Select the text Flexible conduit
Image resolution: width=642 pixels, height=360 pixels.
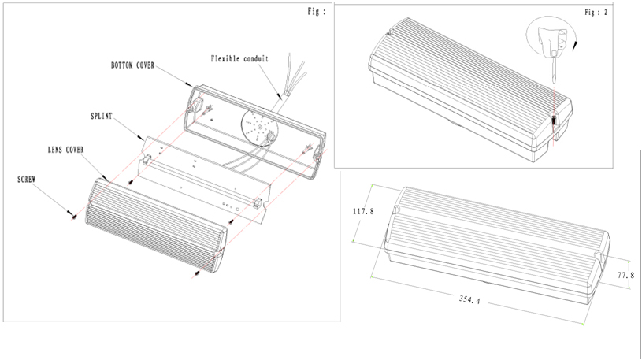(x=239, y=58)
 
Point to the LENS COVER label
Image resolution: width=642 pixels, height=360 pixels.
(x=64, y=149)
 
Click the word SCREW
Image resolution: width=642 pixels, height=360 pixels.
(x=27, y=180)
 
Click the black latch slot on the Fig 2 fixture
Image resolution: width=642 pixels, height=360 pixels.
(x=554, y=122)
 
